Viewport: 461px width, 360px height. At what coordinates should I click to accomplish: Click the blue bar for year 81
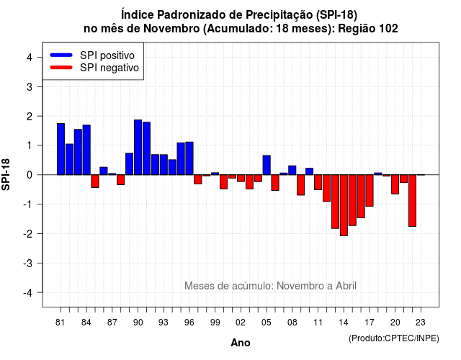(61, 149)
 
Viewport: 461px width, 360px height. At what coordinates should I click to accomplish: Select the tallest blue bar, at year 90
(138, 147)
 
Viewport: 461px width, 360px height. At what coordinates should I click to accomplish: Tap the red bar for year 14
(344, 205)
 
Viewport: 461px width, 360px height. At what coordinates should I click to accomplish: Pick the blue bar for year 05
(267, 165)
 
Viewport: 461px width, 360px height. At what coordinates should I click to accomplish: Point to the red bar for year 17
(370, 190)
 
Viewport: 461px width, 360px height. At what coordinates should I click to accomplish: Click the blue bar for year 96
(189, 158)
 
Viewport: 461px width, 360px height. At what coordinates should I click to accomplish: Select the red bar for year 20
(395, 184)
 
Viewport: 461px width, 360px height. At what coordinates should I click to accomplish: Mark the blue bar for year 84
(86, 150)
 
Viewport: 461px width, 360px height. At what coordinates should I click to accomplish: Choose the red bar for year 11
(318, 182)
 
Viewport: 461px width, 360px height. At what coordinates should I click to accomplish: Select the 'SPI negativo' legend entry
(94, 68)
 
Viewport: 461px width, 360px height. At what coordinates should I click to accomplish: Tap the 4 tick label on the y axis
(29, 57)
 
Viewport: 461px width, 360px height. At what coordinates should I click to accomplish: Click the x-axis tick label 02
(241, 323)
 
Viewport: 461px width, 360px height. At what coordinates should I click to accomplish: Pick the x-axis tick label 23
(421, 323)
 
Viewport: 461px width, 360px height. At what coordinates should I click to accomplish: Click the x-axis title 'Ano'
(241, 343)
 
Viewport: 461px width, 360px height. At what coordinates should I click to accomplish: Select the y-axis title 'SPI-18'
(6, 174)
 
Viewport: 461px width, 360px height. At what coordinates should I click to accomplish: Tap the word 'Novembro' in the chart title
(171, 29)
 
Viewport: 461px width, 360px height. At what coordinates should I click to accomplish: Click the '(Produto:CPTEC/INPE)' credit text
(394, 338)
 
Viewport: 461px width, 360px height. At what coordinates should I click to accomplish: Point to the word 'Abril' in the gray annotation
(346, 286)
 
